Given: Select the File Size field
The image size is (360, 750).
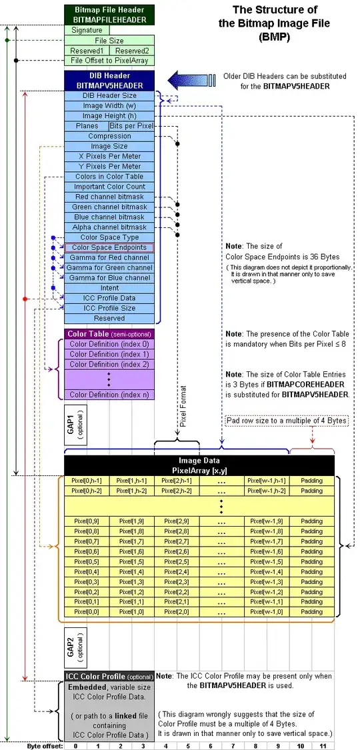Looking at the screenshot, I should pos(110,40).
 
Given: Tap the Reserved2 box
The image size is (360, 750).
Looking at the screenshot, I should pos(132,51).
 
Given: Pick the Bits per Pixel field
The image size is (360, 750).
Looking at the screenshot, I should pos(131,126).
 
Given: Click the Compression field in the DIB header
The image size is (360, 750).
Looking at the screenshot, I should pos(110,136).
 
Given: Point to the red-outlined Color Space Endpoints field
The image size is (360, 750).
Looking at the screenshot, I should pos(109,247).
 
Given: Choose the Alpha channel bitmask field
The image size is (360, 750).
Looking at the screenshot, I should pos(110,227).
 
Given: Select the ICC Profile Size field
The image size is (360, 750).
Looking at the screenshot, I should pos(110,308).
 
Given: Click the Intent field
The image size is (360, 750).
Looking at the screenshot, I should pos(110,288).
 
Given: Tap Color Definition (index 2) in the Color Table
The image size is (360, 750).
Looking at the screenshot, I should pos(110,365).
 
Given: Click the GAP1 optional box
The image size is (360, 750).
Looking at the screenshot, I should pos(76,423).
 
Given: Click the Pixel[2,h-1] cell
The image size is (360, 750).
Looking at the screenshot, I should pos(177,481).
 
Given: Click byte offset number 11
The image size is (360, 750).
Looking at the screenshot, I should pos(323,745).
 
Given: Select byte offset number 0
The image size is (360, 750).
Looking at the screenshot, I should pos(76,745).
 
